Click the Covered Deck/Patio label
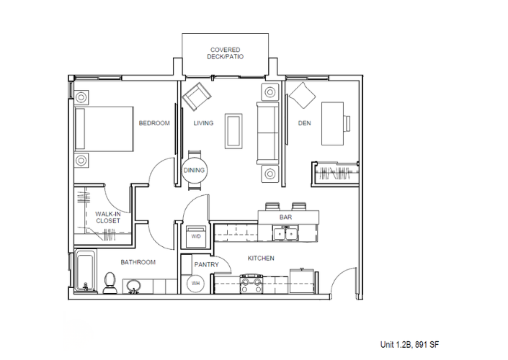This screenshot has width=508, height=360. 225,53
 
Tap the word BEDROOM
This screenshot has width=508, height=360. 154,123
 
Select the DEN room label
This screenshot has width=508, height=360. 304,123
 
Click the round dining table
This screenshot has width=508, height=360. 194,171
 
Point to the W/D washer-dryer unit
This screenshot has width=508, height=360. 196,236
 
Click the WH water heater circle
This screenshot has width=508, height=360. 195,283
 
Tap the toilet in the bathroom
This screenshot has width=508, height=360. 110,283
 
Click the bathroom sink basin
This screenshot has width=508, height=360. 133,286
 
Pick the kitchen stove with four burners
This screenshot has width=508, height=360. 251,284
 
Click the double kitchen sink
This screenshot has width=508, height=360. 286,234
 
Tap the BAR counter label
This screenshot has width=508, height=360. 286,217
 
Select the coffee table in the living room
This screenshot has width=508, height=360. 233,131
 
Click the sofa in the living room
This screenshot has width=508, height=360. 268,132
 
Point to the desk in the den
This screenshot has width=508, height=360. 332,124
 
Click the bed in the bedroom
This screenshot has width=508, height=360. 104,129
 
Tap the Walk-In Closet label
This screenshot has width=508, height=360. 108,217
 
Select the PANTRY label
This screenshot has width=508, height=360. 206,264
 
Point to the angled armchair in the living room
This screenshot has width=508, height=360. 197,96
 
